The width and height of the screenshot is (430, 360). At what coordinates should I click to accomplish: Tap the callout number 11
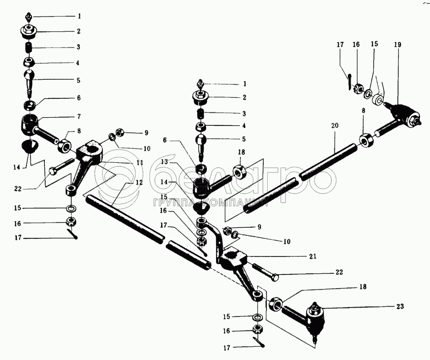tap(140, 163)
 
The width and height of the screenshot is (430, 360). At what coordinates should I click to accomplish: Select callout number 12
tap(140, 182)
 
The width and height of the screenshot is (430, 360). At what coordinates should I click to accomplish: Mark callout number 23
tap(400, 306)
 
